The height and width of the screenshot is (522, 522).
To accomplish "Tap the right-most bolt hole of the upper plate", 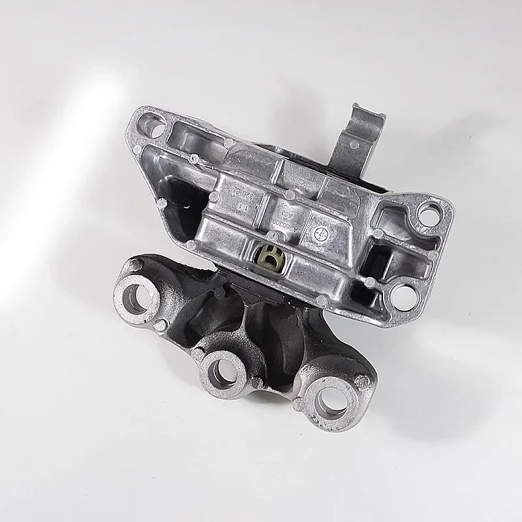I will pyautogui.click(x=430, y=211).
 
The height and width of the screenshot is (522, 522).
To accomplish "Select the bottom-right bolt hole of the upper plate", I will pyautogui.click(x=402, y=297).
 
